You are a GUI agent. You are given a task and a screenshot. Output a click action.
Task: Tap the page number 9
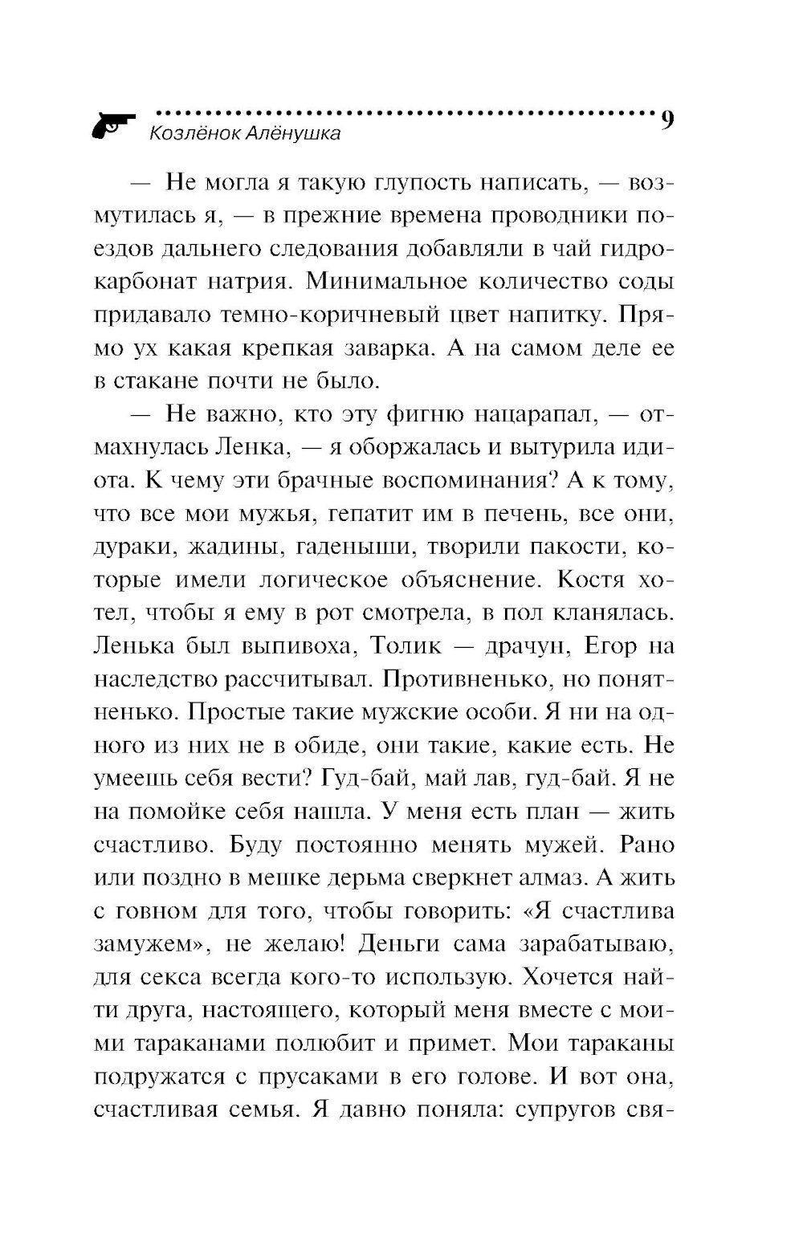(666, 122)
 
